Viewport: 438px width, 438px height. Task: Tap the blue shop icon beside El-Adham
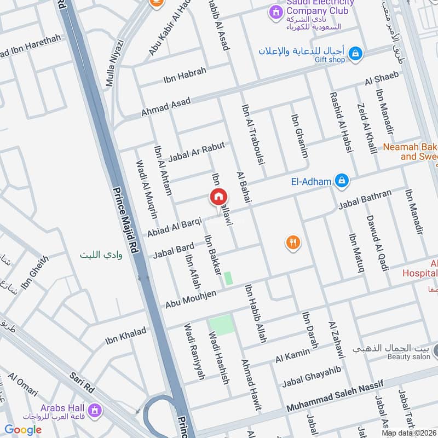click(x=342, y=180)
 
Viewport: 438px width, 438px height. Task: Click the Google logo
click(x=23, y=430)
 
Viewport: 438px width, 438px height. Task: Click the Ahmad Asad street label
click(x=166, y=106)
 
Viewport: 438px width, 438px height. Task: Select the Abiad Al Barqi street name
click(x=174, y=224)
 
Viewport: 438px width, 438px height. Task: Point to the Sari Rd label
click(x=82, y=382)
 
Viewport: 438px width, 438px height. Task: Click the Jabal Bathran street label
click(x=365, y=200)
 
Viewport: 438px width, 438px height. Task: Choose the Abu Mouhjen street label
click(x=191, y=299)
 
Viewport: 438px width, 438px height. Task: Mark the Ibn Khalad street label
click(x=126, y=336)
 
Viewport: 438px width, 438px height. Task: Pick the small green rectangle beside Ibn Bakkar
click(x=228, y=278)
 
